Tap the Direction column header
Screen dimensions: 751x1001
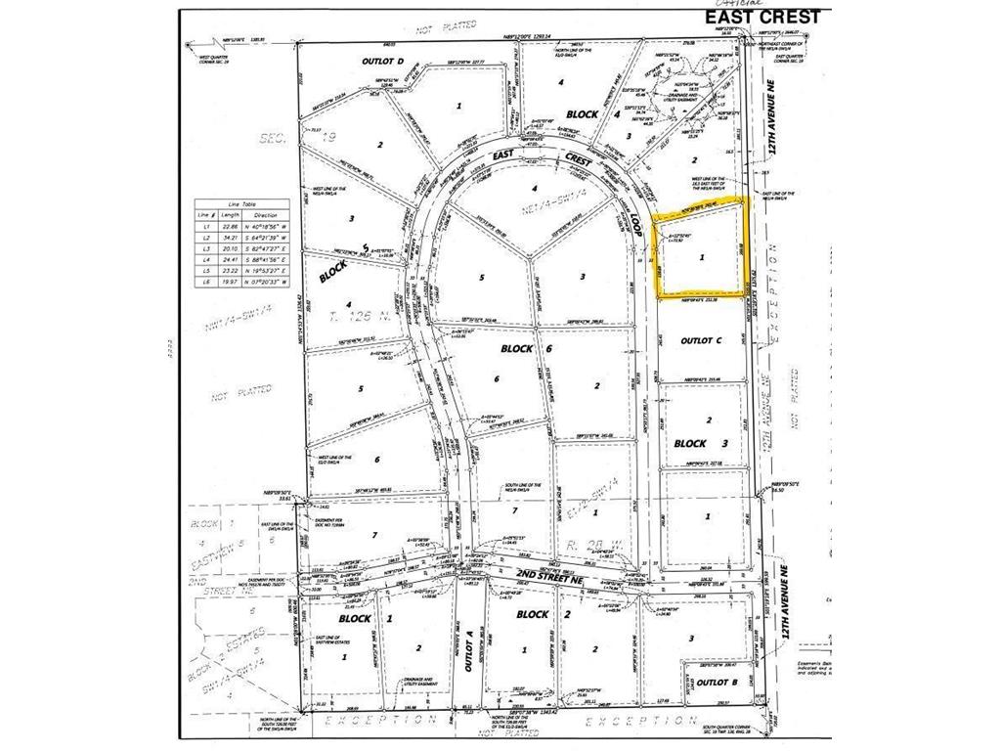(266, 215)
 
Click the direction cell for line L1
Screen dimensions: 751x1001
(266, 226)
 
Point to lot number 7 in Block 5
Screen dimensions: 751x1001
(373, 536)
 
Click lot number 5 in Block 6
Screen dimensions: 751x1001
(481, 277)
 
